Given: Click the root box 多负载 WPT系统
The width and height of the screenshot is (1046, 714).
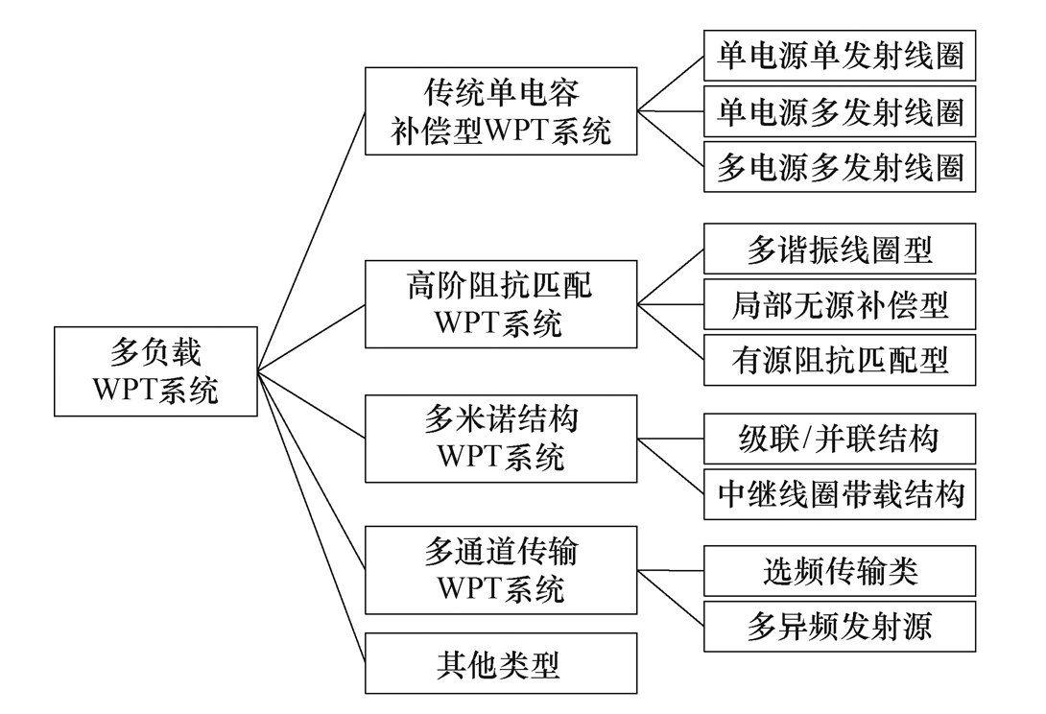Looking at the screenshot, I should click(155, 371).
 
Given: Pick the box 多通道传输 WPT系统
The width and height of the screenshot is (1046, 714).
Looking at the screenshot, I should click(501, 569).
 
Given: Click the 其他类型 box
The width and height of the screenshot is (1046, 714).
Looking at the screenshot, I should click(501, 663).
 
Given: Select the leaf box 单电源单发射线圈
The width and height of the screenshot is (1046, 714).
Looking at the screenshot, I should click(839, 58).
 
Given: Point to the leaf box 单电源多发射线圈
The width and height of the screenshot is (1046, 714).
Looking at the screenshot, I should click(839, 113).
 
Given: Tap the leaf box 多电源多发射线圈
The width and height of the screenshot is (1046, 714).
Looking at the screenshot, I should click(839, 168).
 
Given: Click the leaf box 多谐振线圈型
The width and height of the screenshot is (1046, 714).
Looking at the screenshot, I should click(839, 250).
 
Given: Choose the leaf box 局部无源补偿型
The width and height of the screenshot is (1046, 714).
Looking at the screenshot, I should click(839, 304).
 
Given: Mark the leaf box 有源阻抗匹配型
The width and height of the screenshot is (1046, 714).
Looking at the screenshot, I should click(839, 360).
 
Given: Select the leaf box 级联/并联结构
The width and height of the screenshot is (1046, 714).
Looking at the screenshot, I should click(839, 439).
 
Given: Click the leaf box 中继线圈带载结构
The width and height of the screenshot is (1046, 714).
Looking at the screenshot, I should click(839, 493).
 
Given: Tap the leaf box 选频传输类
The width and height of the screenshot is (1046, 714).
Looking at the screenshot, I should click(839, 571).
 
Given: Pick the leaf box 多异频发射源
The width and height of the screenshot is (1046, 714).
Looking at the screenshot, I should click(839, 626).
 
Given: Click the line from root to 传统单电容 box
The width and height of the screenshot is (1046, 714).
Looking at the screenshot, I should click(311, 240).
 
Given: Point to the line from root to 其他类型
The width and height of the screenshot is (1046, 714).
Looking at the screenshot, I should click(311, 515).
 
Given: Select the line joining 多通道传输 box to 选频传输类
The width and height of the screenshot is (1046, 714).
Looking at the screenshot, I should click(671, 570).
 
